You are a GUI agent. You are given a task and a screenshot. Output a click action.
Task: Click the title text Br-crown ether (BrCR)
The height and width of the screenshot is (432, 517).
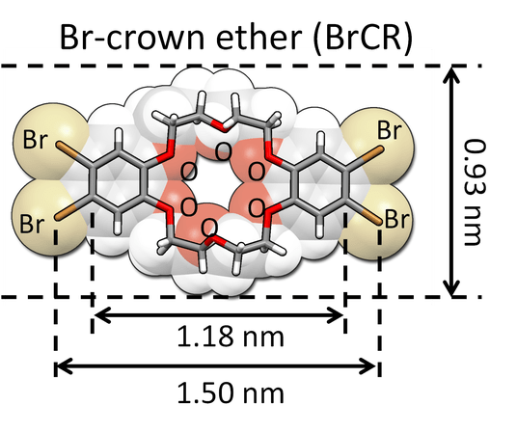236,37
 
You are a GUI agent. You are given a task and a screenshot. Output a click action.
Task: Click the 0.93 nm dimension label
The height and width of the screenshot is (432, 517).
476,192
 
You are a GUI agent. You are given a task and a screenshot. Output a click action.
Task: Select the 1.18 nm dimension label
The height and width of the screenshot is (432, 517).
231,337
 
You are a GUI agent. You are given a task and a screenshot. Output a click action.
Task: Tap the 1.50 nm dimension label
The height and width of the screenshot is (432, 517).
231,393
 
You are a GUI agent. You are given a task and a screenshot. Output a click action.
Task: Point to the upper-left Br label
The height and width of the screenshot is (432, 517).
35,140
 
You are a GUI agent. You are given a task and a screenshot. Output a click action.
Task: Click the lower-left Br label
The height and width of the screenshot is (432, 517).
31,224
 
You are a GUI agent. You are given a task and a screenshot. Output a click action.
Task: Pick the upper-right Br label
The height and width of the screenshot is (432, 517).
390,130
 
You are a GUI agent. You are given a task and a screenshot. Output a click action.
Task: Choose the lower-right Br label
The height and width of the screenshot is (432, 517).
397,219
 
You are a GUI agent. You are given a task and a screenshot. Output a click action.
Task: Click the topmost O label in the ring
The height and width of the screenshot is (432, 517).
223,151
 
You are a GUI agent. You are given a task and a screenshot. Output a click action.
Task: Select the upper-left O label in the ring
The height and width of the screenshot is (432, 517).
189,172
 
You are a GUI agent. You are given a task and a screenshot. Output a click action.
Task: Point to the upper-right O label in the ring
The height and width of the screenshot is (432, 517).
257,172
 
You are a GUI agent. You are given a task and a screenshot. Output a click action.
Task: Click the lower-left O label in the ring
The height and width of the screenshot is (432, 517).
189,207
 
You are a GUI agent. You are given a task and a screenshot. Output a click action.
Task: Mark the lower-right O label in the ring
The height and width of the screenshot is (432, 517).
257,208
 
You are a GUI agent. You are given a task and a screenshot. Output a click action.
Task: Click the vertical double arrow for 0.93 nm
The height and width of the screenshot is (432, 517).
451,181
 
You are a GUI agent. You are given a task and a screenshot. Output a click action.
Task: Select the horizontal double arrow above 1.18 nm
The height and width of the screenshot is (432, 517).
219,315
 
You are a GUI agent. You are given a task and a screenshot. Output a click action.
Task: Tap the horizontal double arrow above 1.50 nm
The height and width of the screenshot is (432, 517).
216,366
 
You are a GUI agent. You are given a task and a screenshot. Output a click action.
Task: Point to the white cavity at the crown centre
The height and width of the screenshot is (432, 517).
222,185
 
